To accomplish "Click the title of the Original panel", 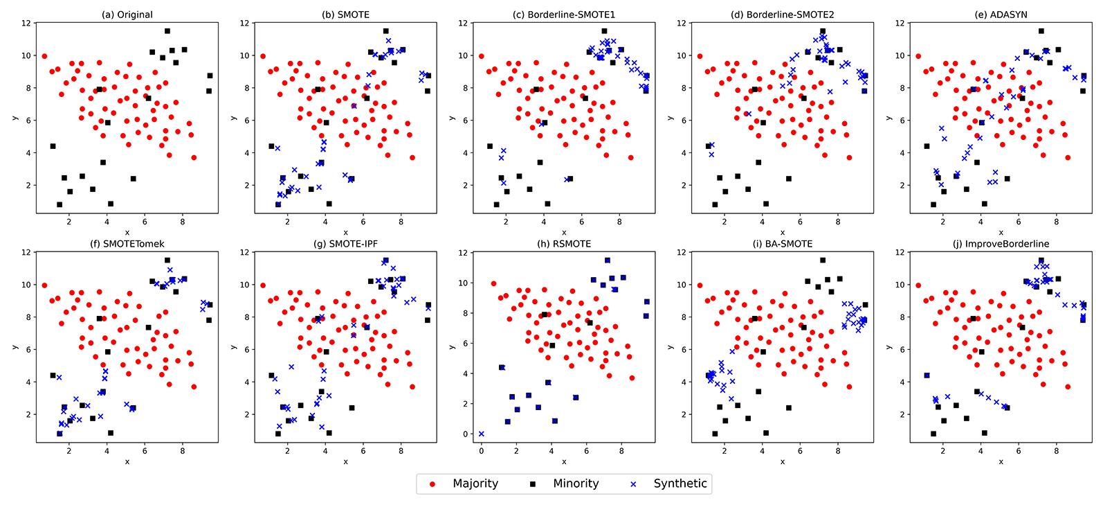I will (126, 15).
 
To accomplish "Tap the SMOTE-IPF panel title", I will (345, 244).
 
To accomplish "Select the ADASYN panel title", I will (1001, 15).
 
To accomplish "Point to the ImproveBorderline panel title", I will (1001, 244).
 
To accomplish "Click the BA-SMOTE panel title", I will (782, 244).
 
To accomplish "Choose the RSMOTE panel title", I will (563, 244).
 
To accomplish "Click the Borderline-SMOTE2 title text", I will (782, 15).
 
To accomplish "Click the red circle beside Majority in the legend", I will (432, 484).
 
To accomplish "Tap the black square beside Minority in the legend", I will (525, 484).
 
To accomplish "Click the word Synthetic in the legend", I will (680, 484).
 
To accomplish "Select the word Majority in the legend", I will (475, 484).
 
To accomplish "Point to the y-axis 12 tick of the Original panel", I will (26, 23).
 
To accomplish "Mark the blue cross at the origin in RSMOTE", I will (482, 434).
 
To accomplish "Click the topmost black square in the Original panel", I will (167, 30).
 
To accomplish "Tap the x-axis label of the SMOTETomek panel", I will (126, 461).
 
